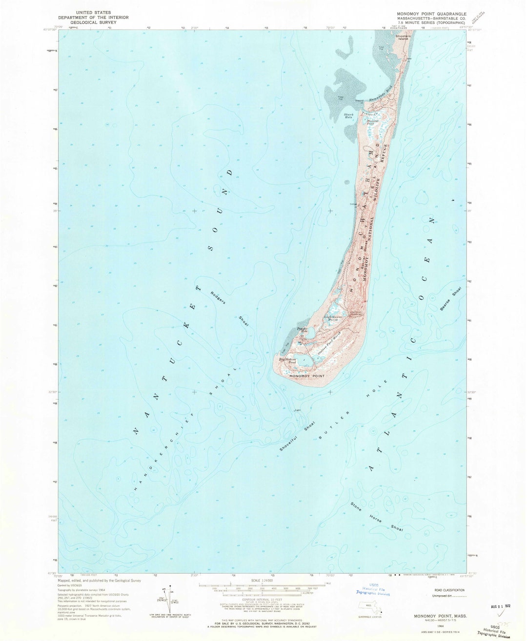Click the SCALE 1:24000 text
pos(263,581)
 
